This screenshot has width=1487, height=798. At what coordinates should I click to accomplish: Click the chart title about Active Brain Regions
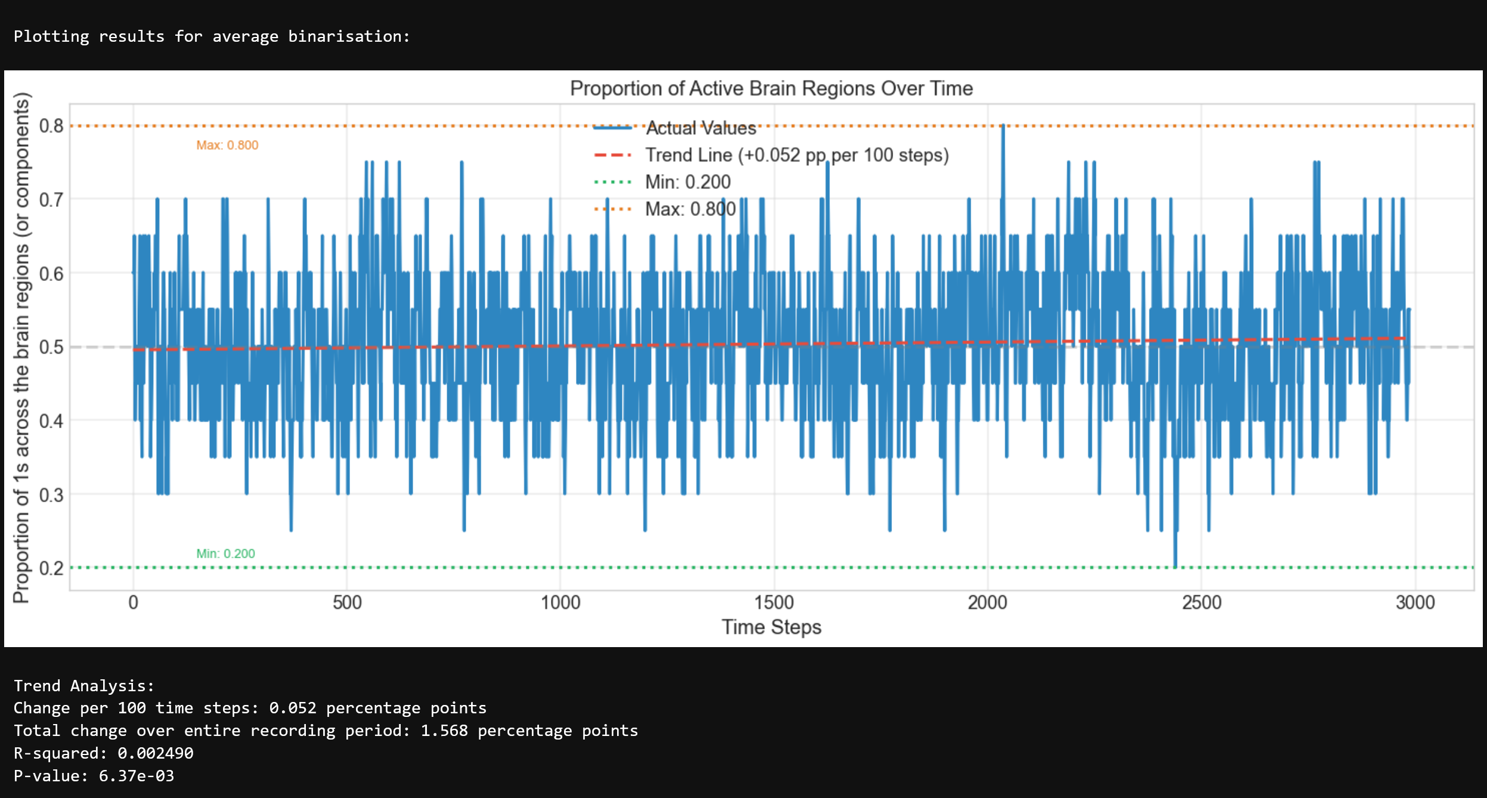(771, 88)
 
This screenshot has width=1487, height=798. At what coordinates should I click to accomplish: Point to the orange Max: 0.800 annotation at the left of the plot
(227, 146)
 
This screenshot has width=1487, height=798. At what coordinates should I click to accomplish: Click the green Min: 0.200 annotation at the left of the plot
(225, 553)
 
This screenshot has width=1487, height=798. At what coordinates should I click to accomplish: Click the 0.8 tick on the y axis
(51, 126)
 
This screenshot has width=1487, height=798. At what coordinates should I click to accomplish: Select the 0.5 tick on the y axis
(51, 347)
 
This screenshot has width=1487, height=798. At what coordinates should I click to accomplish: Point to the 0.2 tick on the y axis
(51, 568)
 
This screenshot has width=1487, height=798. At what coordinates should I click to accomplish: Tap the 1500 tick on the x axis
(774, 602)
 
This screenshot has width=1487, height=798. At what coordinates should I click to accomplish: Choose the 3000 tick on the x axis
(1415, 602)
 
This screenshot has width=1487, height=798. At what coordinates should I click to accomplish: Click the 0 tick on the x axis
(134, 602)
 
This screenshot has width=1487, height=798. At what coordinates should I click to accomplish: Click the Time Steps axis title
(771, 627)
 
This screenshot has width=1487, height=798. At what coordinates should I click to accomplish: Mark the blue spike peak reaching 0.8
(1003, 126)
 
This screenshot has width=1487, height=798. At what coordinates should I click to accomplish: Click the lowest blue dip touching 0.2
(1175, 565)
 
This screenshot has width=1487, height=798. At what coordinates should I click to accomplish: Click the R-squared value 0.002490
(155, 753)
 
